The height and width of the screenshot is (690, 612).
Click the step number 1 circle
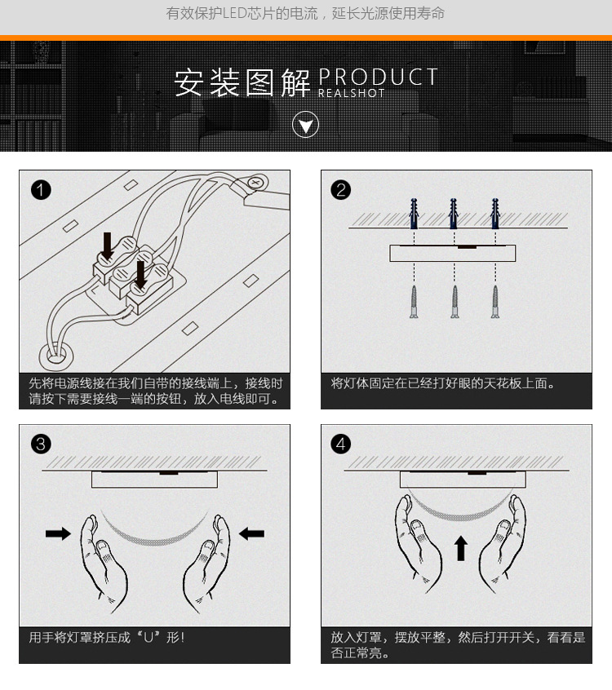41,190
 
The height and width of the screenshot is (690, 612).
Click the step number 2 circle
341,190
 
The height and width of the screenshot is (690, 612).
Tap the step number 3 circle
41,444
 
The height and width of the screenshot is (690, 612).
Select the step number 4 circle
341,444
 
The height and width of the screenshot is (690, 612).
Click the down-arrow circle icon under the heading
305,125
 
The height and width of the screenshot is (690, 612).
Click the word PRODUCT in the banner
378,77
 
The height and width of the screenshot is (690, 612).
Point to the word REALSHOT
352,93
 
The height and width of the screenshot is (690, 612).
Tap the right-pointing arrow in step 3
58,533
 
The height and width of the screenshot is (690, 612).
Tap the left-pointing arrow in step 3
251,533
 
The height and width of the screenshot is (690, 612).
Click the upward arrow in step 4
460,548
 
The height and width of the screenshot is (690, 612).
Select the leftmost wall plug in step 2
414,214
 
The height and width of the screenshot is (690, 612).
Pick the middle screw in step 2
455,302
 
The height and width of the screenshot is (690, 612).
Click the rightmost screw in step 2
495,302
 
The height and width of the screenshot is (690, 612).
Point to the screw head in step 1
255,182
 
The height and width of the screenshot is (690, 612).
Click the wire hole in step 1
55,356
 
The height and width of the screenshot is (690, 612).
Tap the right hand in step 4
503,544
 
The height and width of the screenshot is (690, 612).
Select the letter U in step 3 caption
149,637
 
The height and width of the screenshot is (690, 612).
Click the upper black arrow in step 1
107,246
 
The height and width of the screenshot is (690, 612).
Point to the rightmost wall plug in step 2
495,214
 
